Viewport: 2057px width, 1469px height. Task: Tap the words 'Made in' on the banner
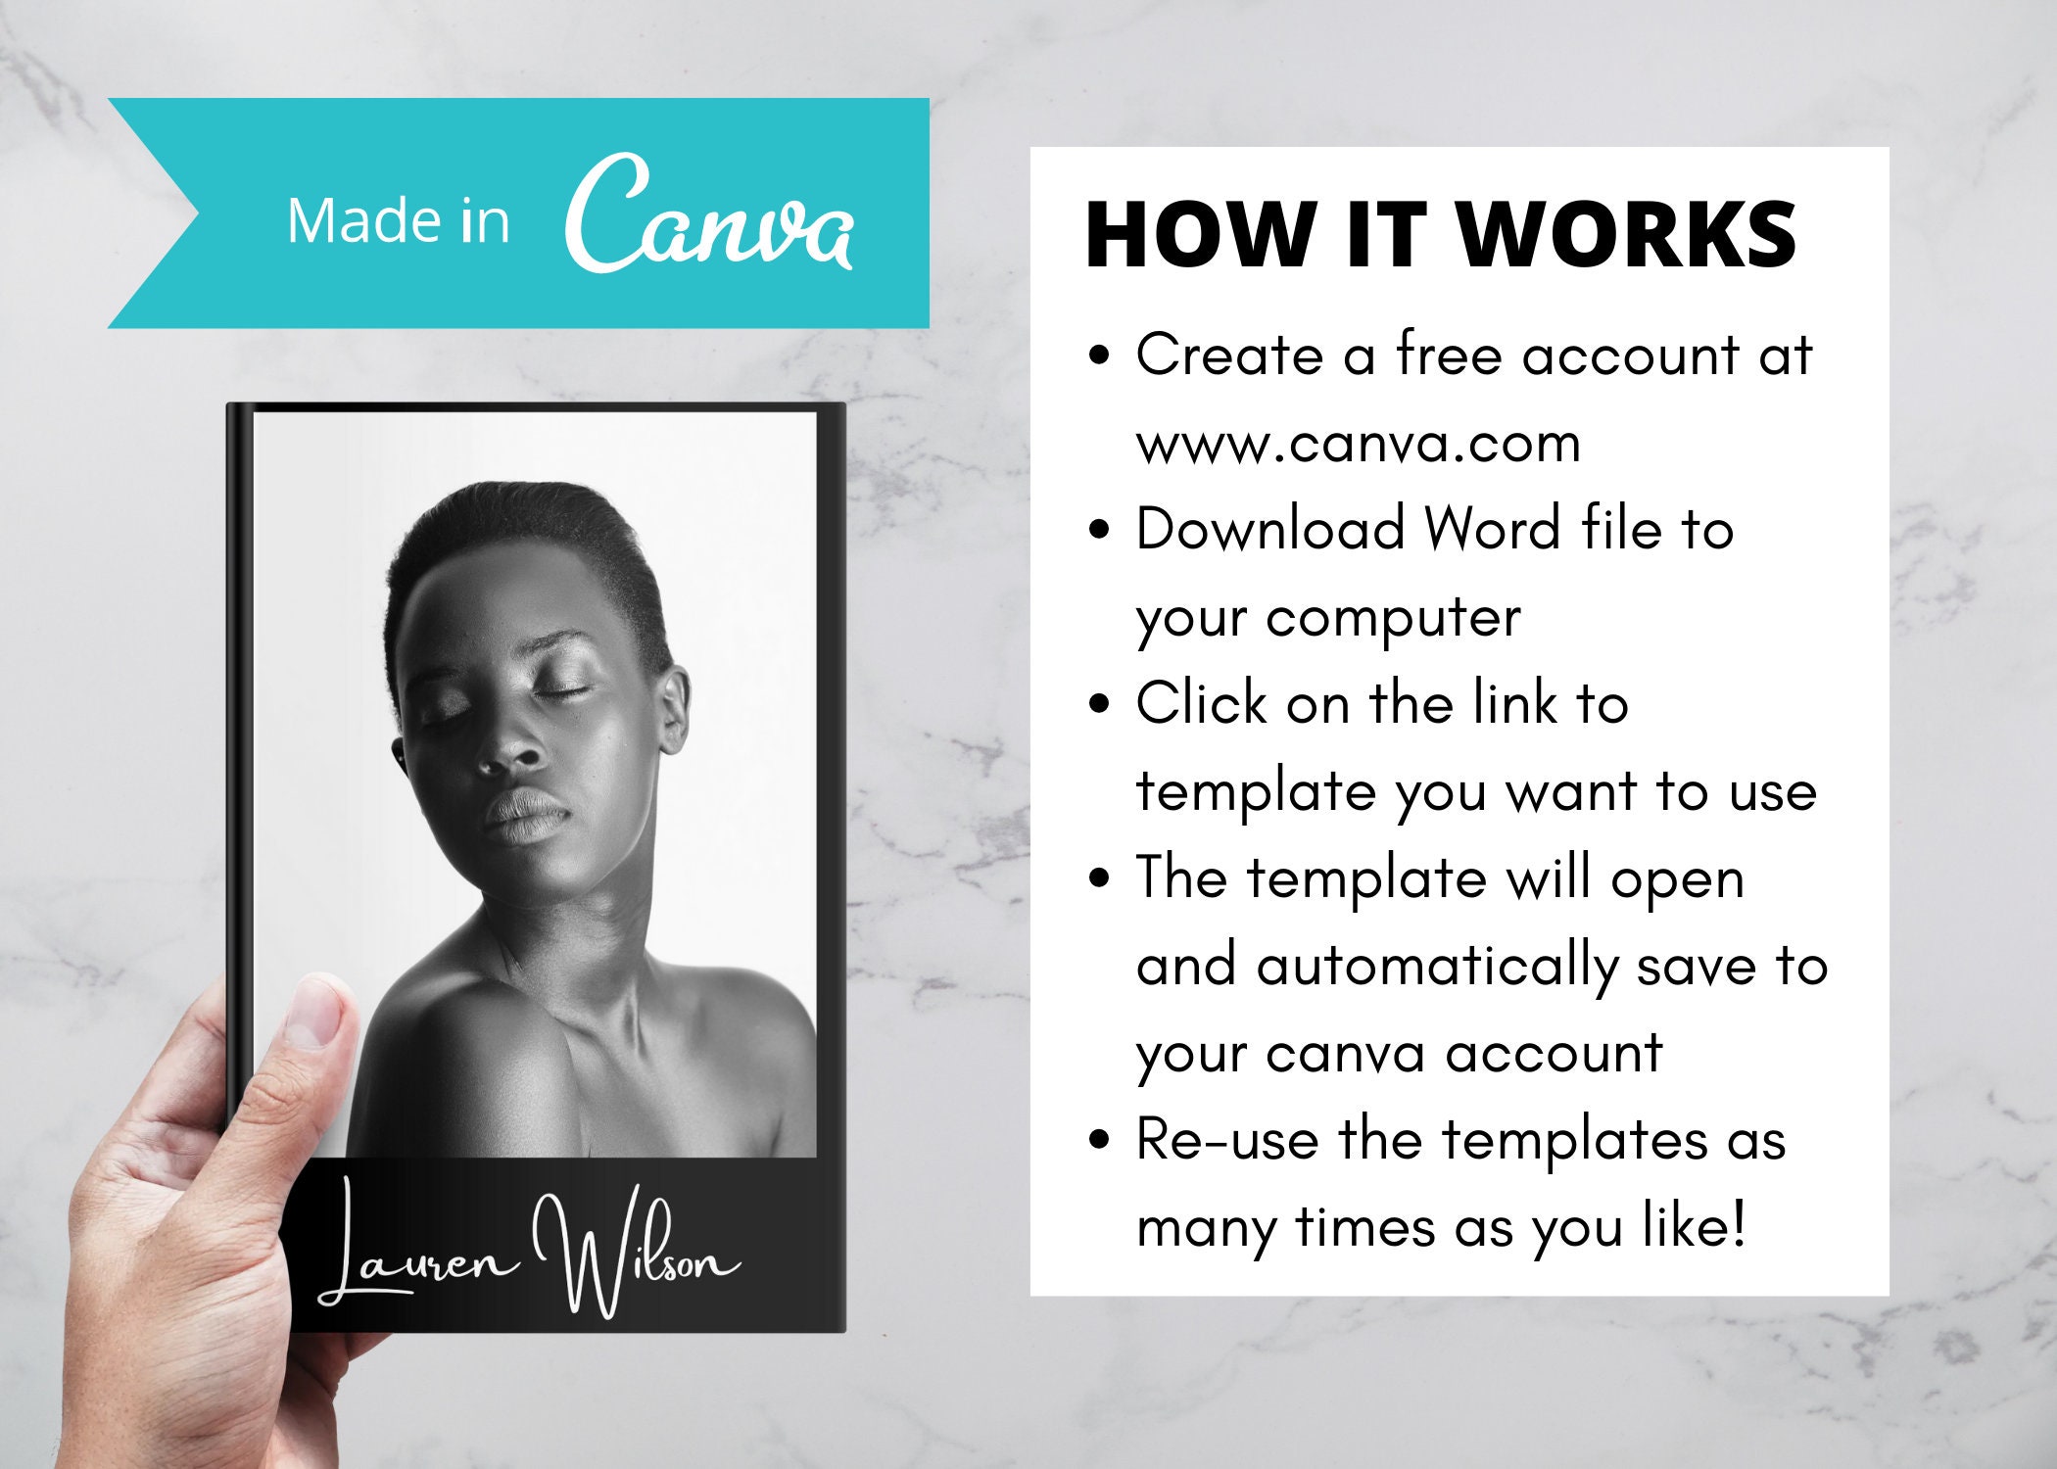(398, 221)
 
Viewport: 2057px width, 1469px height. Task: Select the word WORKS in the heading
(1626, 235)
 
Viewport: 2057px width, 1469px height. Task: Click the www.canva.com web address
(1358, 444)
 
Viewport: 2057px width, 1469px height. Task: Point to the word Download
(1270, 530)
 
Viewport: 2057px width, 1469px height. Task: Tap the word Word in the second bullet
(1492, 530)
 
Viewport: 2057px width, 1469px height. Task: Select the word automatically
(1437, 968)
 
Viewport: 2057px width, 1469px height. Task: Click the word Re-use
(1226, 1141)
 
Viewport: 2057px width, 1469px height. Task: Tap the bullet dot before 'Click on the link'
(1099, 704)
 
